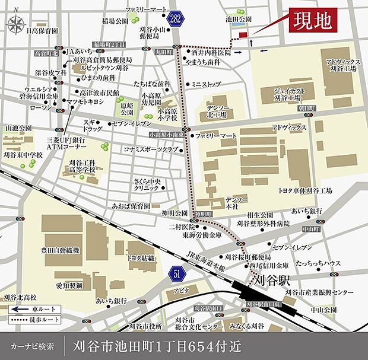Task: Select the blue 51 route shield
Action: click(177, 273)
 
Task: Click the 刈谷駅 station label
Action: click(269, 279)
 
